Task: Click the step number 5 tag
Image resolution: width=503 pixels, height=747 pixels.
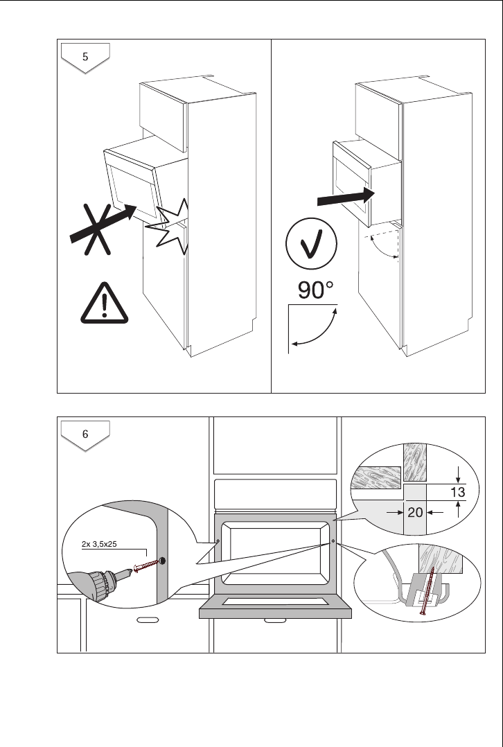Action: [x=85, y=57]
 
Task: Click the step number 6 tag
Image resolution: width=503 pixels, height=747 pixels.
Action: [x=85, y=434]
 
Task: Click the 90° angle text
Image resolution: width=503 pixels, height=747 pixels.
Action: [x=316, y=290]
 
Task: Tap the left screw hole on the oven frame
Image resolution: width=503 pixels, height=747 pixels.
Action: [x=218, y=542]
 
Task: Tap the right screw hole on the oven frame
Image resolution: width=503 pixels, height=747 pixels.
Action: [x=333, y=542]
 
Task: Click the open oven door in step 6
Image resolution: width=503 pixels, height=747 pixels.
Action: [x=275, y=609]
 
